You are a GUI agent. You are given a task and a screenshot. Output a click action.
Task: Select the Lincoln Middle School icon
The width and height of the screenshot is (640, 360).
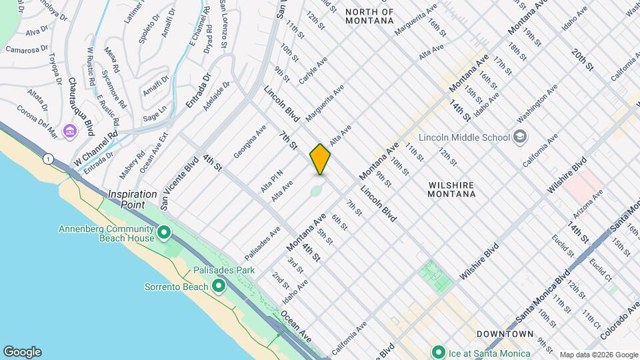click(x=521, y=137)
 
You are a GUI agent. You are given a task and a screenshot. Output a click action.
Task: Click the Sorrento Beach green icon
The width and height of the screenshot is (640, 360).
click(x=218, y=287)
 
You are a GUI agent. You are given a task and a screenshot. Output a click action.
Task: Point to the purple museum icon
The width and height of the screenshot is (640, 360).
click(x=70, y=131)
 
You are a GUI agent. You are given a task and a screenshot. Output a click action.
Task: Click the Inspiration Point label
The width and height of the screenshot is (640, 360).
click(x=133, y=199)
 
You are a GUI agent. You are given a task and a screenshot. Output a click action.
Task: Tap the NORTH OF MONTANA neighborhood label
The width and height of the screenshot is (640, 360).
click(x=370, y=16)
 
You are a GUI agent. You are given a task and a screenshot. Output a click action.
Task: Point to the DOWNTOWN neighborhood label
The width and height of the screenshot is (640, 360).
click(x=505, y=333)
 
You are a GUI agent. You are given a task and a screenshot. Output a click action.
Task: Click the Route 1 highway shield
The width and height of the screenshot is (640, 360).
click(x=48, y=159)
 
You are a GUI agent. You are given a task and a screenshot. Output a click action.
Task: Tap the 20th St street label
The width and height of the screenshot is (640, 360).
click(x=582, y=59)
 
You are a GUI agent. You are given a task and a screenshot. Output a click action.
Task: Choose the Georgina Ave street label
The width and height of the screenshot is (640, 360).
click(x=249, y=141)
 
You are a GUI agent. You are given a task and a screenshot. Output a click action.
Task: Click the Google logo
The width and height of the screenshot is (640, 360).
click(x=22, y=352)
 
